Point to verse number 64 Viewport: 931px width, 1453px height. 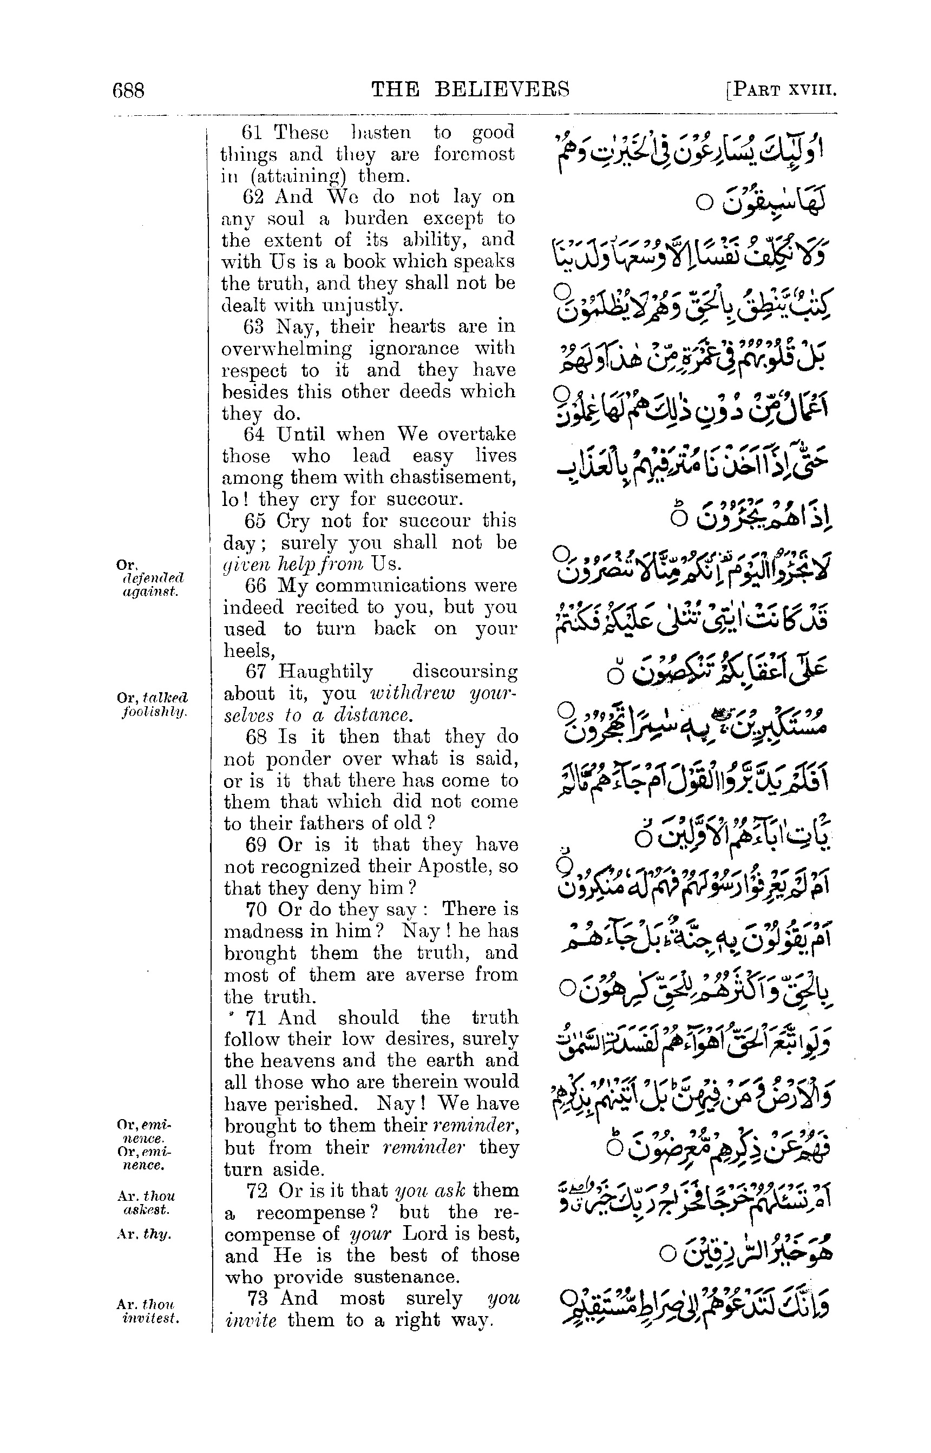coord(253,434)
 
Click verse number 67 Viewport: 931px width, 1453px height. coord(254,672)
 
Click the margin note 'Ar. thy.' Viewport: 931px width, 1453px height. coord(143,1234)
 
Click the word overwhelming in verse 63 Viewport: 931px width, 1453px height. coord(286,348)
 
